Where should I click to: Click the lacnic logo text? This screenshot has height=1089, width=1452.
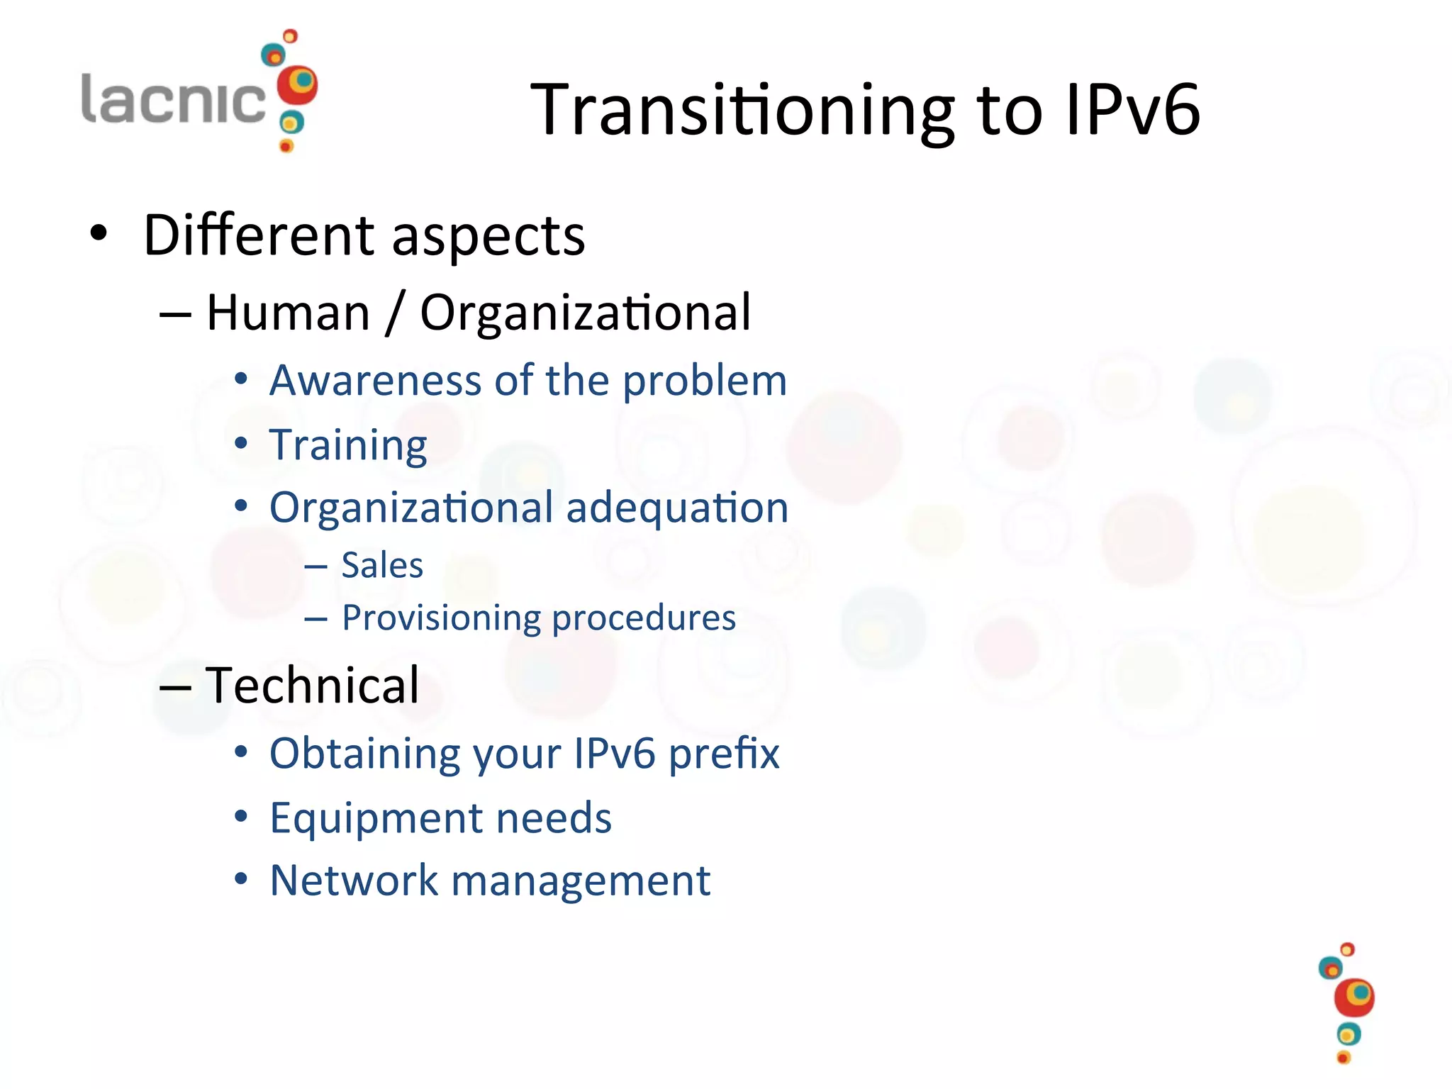[173, 99]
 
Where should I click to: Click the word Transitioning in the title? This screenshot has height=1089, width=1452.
[742, 110]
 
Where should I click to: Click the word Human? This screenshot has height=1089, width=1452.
[289, 313]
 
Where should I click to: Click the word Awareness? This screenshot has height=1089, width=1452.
[376, 381]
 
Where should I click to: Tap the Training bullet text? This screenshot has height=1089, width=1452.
[348, 445]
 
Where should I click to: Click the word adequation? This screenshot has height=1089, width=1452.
[677, 508]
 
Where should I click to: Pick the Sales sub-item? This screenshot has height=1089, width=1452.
[382, 566]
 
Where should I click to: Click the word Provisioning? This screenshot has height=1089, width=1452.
[441, 618]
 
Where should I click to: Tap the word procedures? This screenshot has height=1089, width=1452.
[644, 618]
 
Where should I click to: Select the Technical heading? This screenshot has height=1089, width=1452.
[312, 686]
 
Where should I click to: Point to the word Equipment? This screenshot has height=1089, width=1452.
[376, 818]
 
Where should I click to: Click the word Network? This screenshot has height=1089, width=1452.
[354, 881]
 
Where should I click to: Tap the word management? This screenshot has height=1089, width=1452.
[581, 882]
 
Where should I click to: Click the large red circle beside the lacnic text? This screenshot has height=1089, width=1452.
[296, 86]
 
